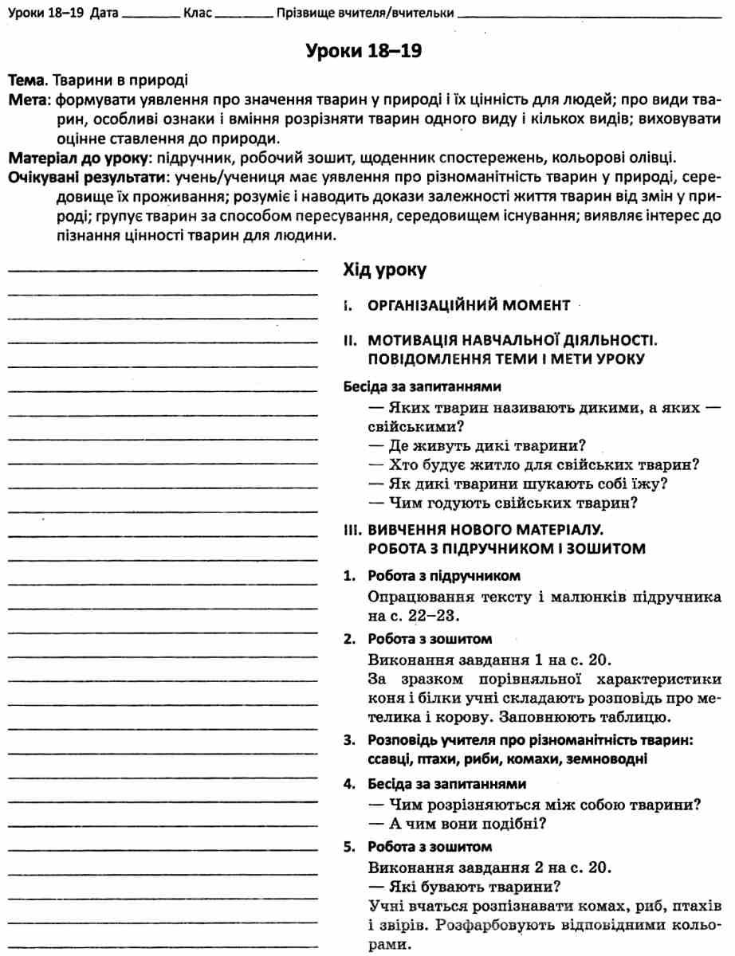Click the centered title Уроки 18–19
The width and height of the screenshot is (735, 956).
363,53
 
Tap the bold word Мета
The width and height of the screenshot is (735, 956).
25,101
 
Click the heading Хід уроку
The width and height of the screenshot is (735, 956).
384,270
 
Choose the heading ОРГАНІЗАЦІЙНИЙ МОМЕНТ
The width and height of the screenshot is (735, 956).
468,305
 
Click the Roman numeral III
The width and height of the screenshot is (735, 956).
352,529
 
